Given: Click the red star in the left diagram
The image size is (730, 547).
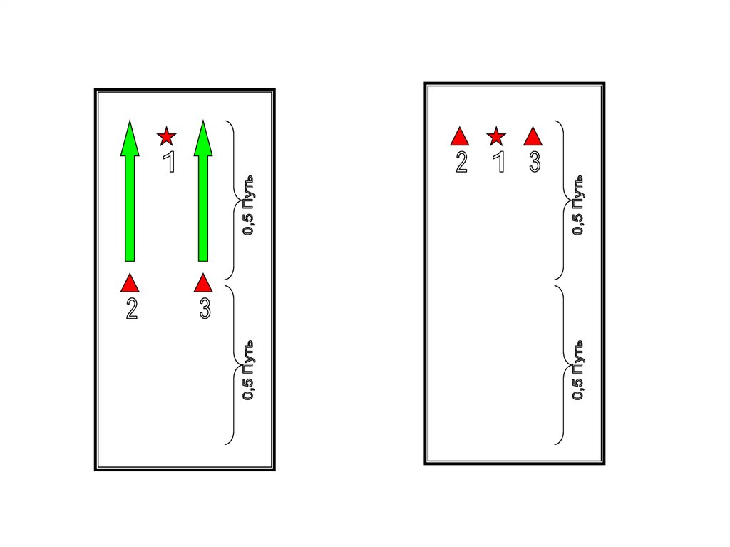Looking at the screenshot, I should point(166,136).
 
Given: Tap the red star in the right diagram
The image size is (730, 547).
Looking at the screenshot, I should point(496,136).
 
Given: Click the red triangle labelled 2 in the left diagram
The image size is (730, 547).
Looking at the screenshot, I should point(130,284).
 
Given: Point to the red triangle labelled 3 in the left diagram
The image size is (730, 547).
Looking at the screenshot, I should point(203,284).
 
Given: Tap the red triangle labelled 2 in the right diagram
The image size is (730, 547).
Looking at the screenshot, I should point(460,136).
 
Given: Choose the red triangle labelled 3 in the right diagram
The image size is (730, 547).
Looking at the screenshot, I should point(533,136).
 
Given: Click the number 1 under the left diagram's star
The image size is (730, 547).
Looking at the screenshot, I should point(169,162).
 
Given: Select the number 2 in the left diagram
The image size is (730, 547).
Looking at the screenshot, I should point(131,309).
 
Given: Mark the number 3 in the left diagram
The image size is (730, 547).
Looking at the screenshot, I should point(205,309).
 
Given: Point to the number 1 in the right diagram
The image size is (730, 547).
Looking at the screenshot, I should point(499,162).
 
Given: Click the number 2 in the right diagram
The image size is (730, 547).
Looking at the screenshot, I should point(461,163).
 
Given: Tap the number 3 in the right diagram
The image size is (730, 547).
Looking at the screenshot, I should point(535,162).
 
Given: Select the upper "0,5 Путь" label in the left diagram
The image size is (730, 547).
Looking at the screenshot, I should point(250,204).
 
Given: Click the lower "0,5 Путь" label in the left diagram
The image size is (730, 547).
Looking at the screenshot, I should point(250,372).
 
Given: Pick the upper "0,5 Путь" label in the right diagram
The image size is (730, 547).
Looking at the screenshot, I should point(580,204).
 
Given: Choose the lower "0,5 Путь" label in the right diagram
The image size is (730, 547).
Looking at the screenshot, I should point(580,372).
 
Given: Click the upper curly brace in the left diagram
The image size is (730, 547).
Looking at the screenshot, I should point(231,200).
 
